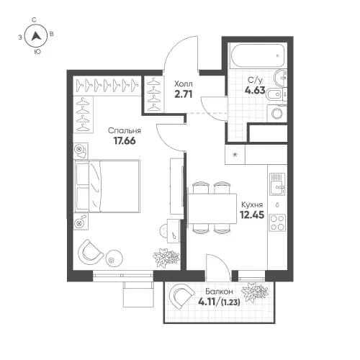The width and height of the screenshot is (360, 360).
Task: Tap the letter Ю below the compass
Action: tap(37, 52)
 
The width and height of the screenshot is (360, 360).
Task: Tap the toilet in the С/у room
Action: tap(282, 91)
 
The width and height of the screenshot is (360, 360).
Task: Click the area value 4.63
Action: tap(256, 91)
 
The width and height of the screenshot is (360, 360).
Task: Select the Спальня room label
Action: tap(124, 130)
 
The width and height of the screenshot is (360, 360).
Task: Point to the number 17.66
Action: tap(124, 142)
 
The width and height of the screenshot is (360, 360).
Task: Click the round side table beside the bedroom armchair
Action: tap(112, 259)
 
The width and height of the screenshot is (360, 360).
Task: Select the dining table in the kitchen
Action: tap(212, 208)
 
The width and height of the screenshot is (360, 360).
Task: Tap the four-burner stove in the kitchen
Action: tap(277, 224)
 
